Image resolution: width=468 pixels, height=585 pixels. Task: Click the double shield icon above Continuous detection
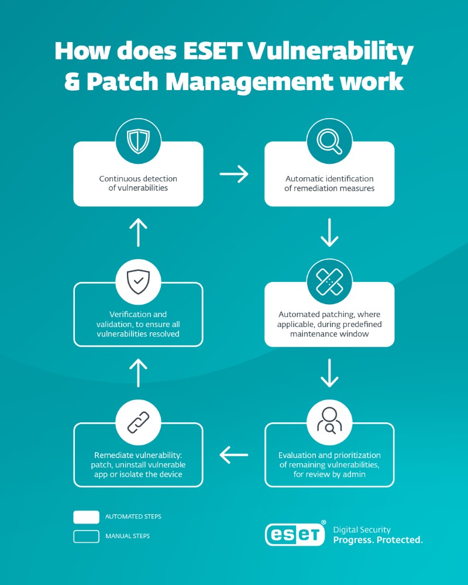(x=138, y=141)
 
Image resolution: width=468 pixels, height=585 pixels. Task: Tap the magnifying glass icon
(x=329, y=141)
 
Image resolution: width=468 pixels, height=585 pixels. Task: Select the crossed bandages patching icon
(x=329, y=282)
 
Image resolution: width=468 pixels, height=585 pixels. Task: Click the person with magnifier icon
(x=329, y=421)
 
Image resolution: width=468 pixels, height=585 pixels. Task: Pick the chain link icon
(x=138, y=422)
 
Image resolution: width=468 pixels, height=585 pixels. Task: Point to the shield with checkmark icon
(x=138, y=282)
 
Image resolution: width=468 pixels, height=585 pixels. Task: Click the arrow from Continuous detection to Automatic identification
(x=234, y=174)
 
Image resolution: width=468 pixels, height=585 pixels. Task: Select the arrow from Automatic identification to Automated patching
(x=329, y=232)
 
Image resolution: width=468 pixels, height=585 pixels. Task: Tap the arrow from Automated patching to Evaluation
(x=329, y=373)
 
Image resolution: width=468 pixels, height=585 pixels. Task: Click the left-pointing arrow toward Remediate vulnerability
(x=234, y=455)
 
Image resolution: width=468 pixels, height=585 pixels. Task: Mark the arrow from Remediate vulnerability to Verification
(x=138, y=373)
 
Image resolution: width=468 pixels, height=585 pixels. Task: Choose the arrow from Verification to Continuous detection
(x=138, y=232)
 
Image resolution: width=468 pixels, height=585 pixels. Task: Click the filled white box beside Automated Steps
(x=86, y=517)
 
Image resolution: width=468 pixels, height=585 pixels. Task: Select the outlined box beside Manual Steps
(x=86, y=536)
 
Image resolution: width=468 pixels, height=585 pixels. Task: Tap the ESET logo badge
(x=295, y=534)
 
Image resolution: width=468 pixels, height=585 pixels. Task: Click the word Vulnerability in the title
(x=331, y=51)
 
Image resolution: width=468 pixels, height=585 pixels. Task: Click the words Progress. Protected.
(x=378, y=540)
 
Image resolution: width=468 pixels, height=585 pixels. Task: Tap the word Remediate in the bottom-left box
(x=113, y=455)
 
